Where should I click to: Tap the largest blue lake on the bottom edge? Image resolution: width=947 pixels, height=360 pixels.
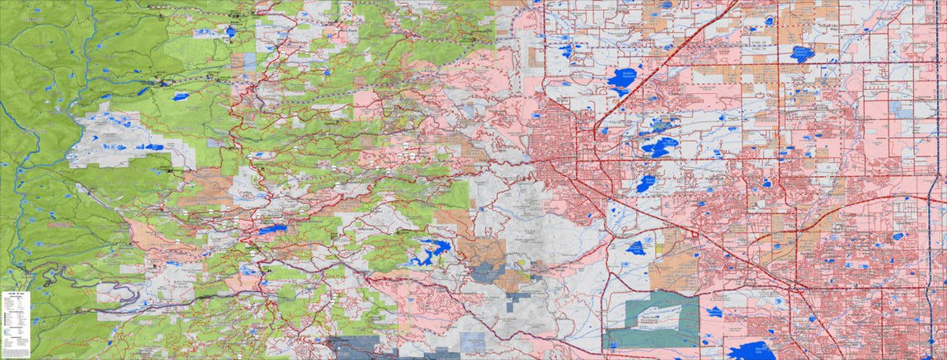(x=750, y=351)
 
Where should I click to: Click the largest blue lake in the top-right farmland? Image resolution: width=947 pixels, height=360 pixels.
(x=802, y=54)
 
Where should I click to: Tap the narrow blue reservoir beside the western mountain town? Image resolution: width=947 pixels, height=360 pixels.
(x=273, y=229)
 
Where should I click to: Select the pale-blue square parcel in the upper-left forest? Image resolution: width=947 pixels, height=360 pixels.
(x=249, y=60)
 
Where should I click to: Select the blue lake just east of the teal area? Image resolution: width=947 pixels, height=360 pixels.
(x=715, y=312)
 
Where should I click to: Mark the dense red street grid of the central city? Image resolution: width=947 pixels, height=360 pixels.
(x=556, y=142)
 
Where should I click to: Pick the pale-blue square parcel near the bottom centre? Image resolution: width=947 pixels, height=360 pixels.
(x=471, y=341)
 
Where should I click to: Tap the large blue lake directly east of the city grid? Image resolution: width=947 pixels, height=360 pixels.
(x=657, y=147)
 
